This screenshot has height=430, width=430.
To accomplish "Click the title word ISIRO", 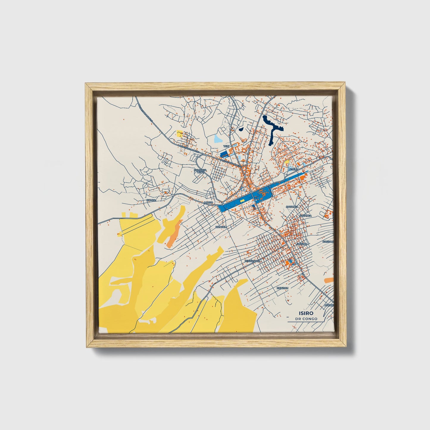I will coord(307,313).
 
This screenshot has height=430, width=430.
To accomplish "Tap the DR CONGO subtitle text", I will coord(307,319).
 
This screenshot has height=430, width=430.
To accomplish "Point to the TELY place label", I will coord(227,146).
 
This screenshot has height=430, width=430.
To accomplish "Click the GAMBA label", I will coord(151,200).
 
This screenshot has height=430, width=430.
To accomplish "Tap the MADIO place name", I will coord(209,202).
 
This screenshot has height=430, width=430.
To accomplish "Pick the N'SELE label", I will coord(293,169).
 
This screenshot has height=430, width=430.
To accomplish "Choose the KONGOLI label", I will coord(221,227).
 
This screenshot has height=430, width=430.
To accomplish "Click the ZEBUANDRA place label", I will coord(253,261).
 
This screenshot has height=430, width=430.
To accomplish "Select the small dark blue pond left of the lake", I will coord(241,129).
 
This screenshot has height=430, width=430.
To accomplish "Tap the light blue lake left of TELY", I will coord(218,139).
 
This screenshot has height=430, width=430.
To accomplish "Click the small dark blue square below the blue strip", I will coord(254,207).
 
